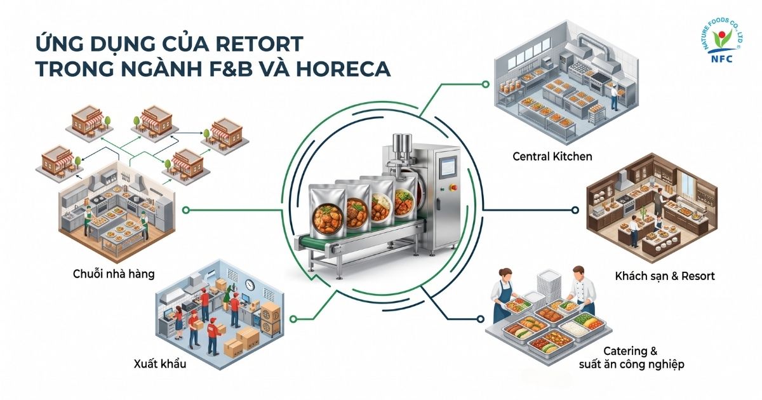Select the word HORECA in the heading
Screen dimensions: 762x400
point(344,69)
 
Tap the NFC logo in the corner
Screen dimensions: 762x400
point(723,40)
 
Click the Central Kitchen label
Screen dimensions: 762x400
point(552,156)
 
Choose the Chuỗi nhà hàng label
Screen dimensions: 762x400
point(114,274)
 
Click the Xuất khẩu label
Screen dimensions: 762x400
point(160,364)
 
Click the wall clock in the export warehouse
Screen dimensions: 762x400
point(250,284)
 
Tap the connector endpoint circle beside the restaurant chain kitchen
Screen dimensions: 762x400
point(185,210)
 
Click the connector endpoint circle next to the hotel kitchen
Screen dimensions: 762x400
point(575,210)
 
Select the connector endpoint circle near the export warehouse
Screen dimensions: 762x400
point(293,319)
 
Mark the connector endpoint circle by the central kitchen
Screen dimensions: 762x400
point(486,84)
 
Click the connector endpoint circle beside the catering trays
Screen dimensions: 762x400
point(480,319)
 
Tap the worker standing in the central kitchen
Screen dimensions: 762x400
point(614,98)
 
